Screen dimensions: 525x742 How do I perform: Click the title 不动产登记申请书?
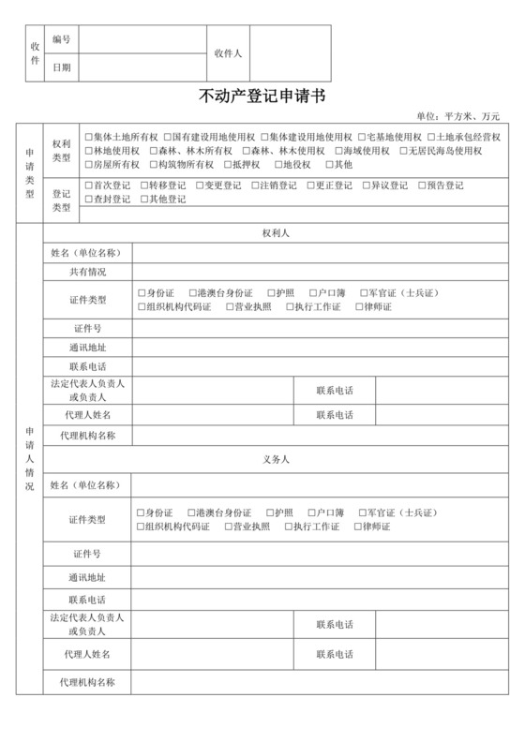262,96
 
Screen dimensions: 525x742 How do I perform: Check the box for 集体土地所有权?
88,137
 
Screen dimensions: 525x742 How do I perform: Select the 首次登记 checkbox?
88,185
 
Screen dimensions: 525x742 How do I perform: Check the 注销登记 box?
255,185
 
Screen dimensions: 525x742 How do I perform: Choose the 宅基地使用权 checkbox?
361,137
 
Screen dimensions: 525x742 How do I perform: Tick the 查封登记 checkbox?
88,200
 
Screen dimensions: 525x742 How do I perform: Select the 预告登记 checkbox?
422,185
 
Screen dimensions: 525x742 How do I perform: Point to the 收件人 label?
228,53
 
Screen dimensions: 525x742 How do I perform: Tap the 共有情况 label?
87,273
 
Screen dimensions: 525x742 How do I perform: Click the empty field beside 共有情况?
319,273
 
